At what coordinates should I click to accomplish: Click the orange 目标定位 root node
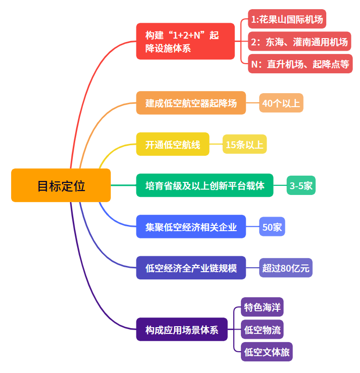(61, 185)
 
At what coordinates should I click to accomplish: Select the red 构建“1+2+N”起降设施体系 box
(185, 41)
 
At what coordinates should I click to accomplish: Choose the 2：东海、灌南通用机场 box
(299, 42)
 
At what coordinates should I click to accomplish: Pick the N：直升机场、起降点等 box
(300, 63)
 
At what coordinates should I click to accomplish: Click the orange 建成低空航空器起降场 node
(191, 103)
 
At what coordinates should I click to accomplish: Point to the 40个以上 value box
(281, 103)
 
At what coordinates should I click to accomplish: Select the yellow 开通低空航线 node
(173, 144)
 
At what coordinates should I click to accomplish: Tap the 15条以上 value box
(244, 144)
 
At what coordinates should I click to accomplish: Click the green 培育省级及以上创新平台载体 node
(204, 185)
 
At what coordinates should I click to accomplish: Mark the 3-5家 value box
(301, 185)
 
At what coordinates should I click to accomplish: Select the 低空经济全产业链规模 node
(191, 268)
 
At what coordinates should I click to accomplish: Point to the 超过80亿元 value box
(286, 268)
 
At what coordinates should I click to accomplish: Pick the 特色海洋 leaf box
(262, 307)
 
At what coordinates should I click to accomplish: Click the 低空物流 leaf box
(262, 330)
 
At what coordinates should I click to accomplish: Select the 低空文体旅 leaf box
(267, 352)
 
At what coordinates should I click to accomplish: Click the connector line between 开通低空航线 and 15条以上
(216, 144)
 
